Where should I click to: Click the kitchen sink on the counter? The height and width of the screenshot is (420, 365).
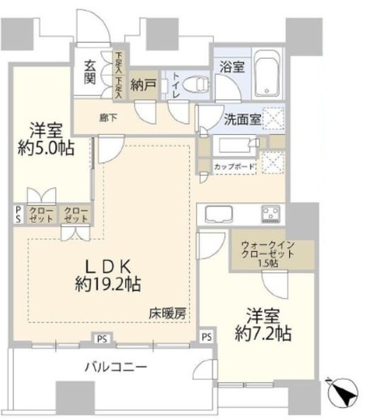(x=217, y=214)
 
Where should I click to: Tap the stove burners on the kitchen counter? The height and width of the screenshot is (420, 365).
(x=268, y=214)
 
